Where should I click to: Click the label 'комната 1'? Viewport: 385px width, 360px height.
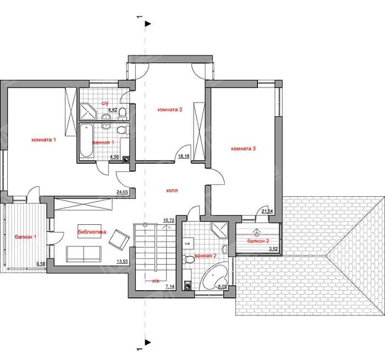coord(43,140)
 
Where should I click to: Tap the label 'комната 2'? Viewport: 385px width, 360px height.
coord(170,110)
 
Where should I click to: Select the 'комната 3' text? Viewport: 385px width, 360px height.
coord(243,148)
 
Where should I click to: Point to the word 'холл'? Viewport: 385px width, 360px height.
coord(172,190)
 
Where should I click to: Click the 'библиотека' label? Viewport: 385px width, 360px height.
coord(92,232)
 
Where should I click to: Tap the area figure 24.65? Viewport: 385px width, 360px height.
coord(123,192)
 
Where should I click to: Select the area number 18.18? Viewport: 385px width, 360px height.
coord(184,156)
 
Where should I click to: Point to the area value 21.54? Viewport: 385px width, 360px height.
coord(267,211)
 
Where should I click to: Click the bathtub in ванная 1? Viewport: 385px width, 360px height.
coord(86,140)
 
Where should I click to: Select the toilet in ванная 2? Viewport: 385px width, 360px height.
coord(188,259)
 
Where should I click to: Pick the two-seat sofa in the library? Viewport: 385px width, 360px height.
coord(84,254)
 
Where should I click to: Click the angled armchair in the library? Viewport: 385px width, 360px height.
coord(119,240)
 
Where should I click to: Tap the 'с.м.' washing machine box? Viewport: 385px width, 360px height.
coord(188,243)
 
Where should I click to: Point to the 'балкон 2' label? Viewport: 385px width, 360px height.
coord(258,241)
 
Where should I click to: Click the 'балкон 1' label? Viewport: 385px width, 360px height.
coord(25,237)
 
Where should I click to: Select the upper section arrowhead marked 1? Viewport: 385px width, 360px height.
coord(148,24)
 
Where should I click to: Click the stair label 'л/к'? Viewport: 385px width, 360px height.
coord(156,281)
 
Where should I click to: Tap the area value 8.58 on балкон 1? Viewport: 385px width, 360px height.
coord(41,264)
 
